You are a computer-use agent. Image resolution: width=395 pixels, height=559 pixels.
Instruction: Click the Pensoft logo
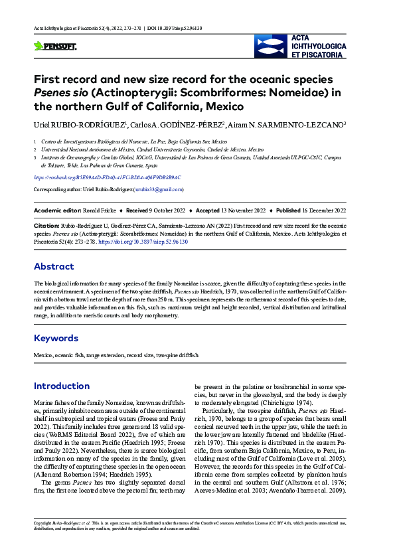tap(55, 46)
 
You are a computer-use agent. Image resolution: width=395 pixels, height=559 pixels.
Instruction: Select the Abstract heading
tap(54, 267)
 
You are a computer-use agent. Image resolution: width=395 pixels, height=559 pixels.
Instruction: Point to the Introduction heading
tap(62, 386)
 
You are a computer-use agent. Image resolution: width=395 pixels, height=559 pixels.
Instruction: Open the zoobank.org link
tap(107, 178)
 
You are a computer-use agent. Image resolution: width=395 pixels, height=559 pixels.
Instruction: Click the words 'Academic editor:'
tap(55, 210)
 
